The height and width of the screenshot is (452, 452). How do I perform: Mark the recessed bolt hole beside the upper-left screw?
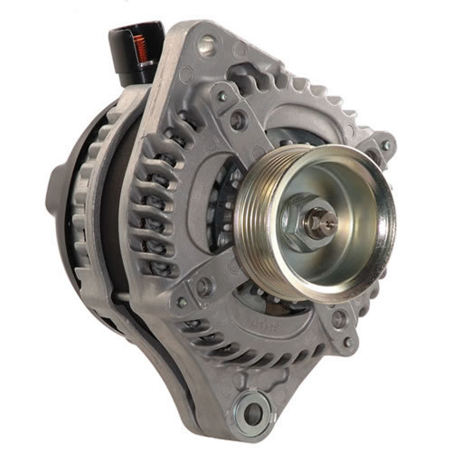tap(238, 118)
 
